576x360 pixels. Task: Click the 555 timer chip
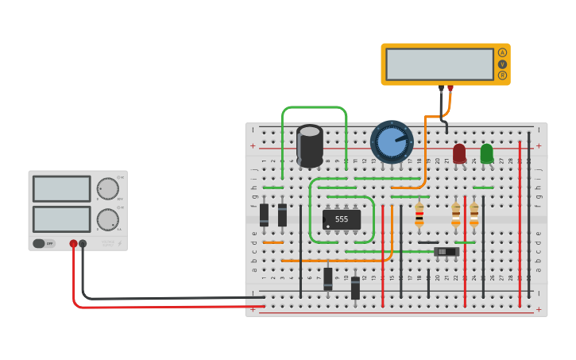point(342,219)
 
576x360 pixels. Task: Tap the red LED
point(459,153)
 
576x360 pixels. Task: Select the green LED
point(486,153)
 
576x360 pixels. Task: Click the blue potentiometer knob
point(392,142)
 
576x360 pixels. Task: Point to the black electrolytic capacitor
point(310,145)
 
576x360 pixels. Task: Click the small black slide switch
point(446,251)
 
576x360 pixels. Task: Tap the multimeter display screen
point(439,64)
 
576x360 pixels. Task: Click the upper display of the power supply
point(61,188)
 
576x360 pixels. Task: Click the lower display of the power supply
point(61,219)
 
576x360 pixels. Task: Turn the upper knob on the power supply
point(107,188)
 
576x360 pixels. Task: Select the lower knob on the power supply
point(107,219)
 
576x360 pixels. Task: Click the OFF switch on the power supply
point(44,243)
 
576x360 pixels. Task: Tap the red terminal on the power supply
point(73,244)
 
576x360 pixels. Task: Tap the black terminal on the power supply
point(83,244)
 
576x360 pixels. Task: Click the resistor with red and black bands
point(419,215)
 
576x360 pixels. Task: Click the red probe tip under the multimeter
point(450,88)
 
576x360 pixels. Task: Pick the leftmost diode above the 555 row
point(264,215)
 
